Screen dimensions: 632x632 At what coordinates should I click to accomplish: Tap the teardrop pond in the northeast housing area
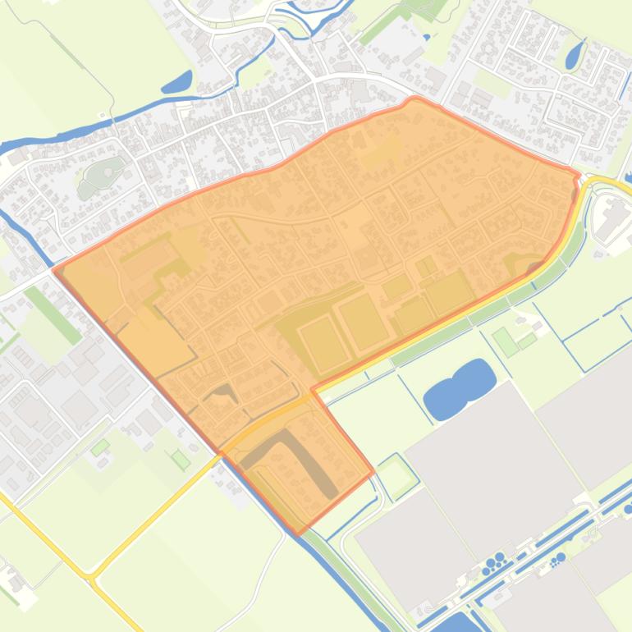tap(573, 56)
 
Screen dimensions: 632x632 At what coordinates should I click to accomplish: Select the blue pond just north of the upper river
tap(178, 82)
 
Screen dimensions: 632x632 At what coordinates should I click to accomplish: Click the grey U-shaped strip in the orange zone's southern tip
tap(300, 456)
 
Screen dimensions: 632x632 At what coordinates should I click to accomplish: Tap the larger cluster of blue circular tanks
tap(496, 562)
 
